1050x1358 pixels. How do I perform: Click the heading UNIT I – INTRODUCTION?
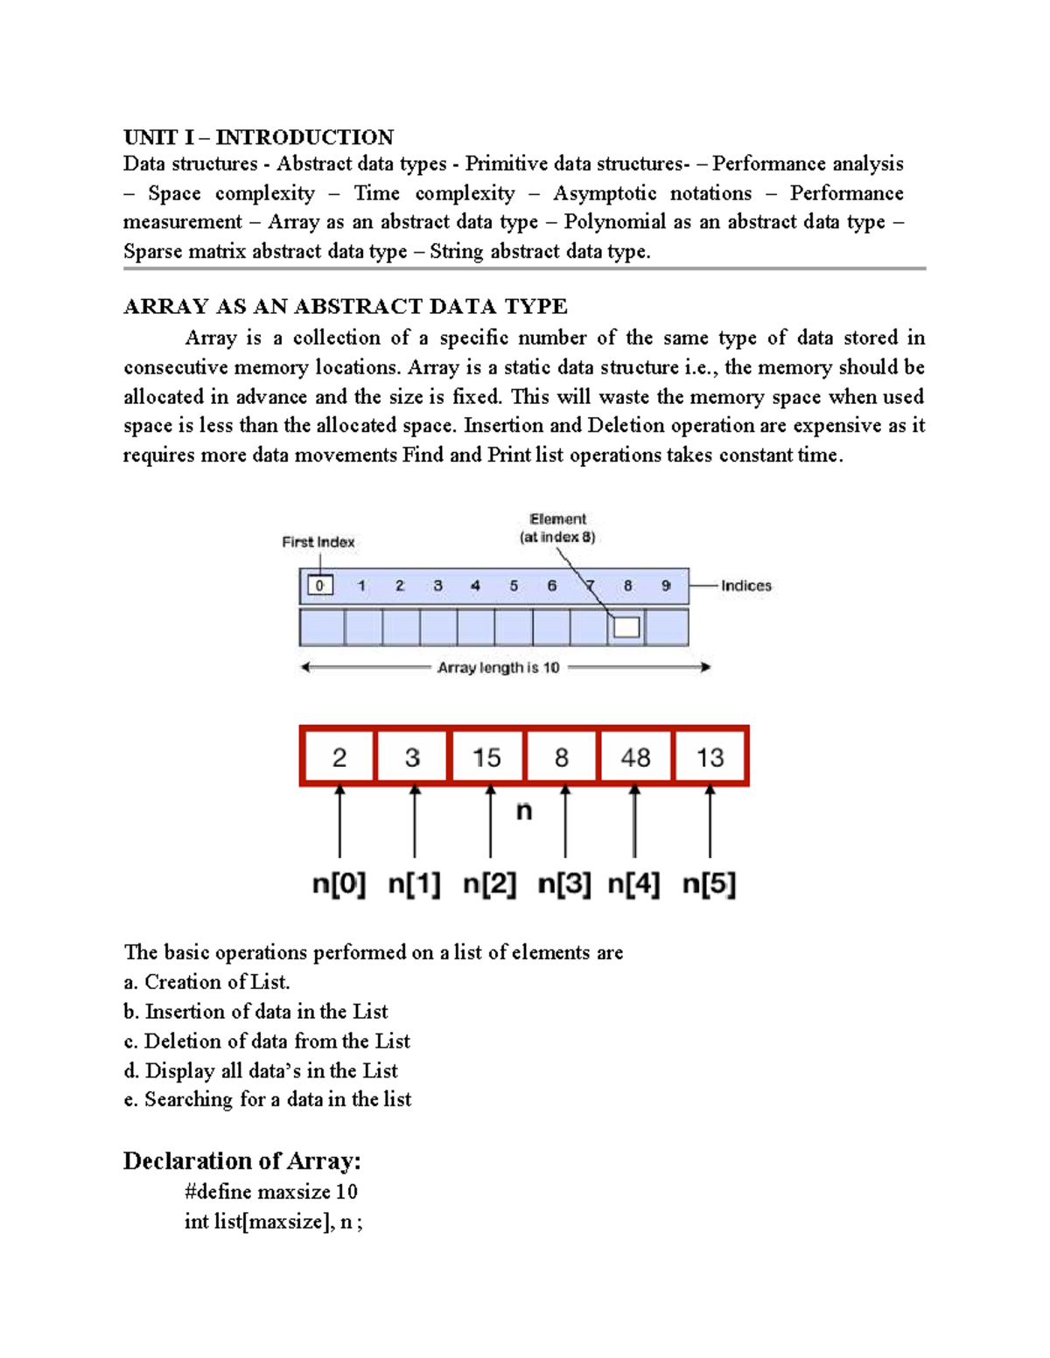coord(258,137)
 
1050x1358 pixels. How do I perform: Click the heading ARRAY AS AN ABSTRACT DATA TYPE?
coord(345,306)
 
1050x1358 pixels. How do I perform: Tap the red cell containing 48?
coord(635,756)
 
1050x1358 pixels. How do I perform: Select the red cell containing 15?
coord(486,756)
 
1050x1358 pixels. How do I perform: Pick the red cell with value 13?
coord(710,756)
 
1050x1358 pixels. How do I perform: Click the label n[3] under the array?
coord(564,883)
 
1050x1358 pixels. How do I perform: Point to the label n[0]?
coord(339,883)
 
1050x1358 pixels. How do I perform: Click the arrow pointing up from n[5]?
coord(710,822)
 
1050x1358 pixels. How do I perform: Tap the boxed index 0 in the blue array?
coord(320,585)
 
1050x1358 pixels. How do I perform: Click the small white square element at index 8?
coord(626,627)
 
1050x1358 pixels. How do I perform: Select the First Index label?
coord(318,542)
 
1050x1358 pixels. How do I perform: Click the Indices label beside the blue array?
coord(746,586)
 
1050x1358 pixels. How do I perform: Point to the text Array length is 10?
coord(498,667)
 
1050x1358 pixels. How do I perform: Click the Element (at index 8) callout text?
coord(557,528)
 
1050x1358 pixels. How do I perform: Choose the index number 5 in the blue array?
coord(514,586)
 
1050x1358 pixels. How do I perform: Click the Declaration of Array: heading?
coord(241,1161)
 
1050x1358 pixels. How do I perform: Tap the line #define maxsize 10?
coord(270,1192)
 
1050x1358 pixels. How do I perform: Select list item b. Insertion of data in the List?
coord(255,1012)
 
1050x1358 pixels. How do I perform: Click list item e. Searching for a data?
coord(267,1099)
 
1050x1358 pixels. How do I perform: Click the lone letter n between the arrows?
coord(524,811)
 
